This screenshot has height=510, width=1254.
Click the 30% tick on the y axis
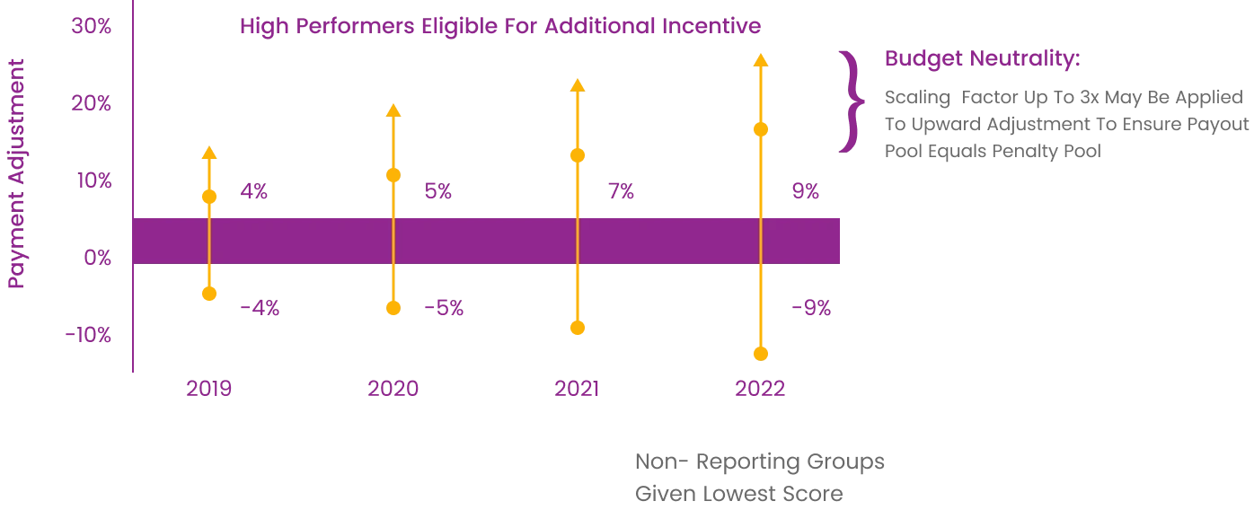coord(93,26)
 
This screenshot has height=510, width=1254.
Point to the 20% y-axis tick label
coord(93,104)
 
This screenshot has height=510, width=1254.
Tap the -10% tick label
coord(89,336)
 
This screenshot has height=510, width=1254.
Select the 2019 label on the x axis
coord(211,389)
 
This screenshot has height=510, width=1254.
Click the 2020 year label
coord(394,389)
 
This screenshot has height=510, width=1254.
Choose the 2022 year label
coord(761,389)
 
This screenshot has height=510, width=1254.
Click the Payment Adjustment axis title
coord(18,174)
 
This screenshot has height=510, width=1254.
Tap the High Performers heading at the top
coord(499,27)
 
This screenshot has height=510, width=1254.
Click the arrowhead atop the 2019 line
coord(209,154)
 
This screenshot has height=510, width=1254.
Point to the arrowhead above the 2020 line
coord(392,111)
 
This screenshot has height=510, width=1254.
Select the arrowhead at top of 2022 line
coord(761,61)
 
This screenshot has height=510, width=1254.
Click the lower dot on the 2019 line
coord(209,294)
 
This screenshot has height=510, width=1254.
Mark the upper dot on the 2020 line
coord(392,175)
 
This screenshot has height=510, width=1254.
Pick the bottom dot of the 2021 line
coord(578,327)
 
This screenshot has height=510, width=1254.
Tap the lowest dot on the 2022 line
coord(761,354)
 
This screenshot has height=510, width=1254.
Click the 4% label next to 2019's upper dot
coord(255,191)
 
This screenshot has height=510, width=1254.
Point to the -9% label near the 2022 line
coord(811,307)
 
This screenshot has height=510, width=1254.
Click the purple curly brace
coord(850,102)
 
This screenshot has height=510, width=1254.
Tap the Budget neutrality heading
coord(985,60)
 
